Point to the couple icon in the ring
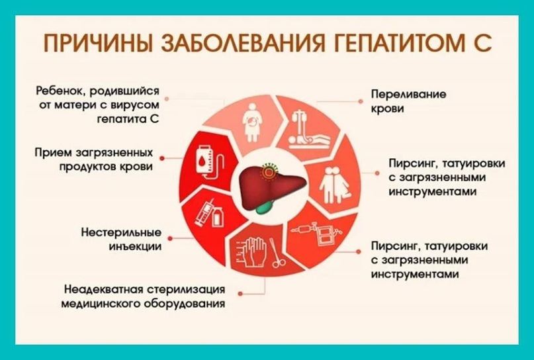point(334,185)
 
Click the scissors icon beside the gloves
point(277,253)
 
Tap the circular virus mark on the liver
point(269,172)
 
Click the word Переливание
point(408,94)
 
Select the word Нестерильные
point(121,233)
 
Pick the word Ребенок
point(60,91)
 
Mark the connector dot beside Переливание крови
point(361,101)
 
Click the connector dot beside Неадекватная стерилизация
point(240,294)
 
